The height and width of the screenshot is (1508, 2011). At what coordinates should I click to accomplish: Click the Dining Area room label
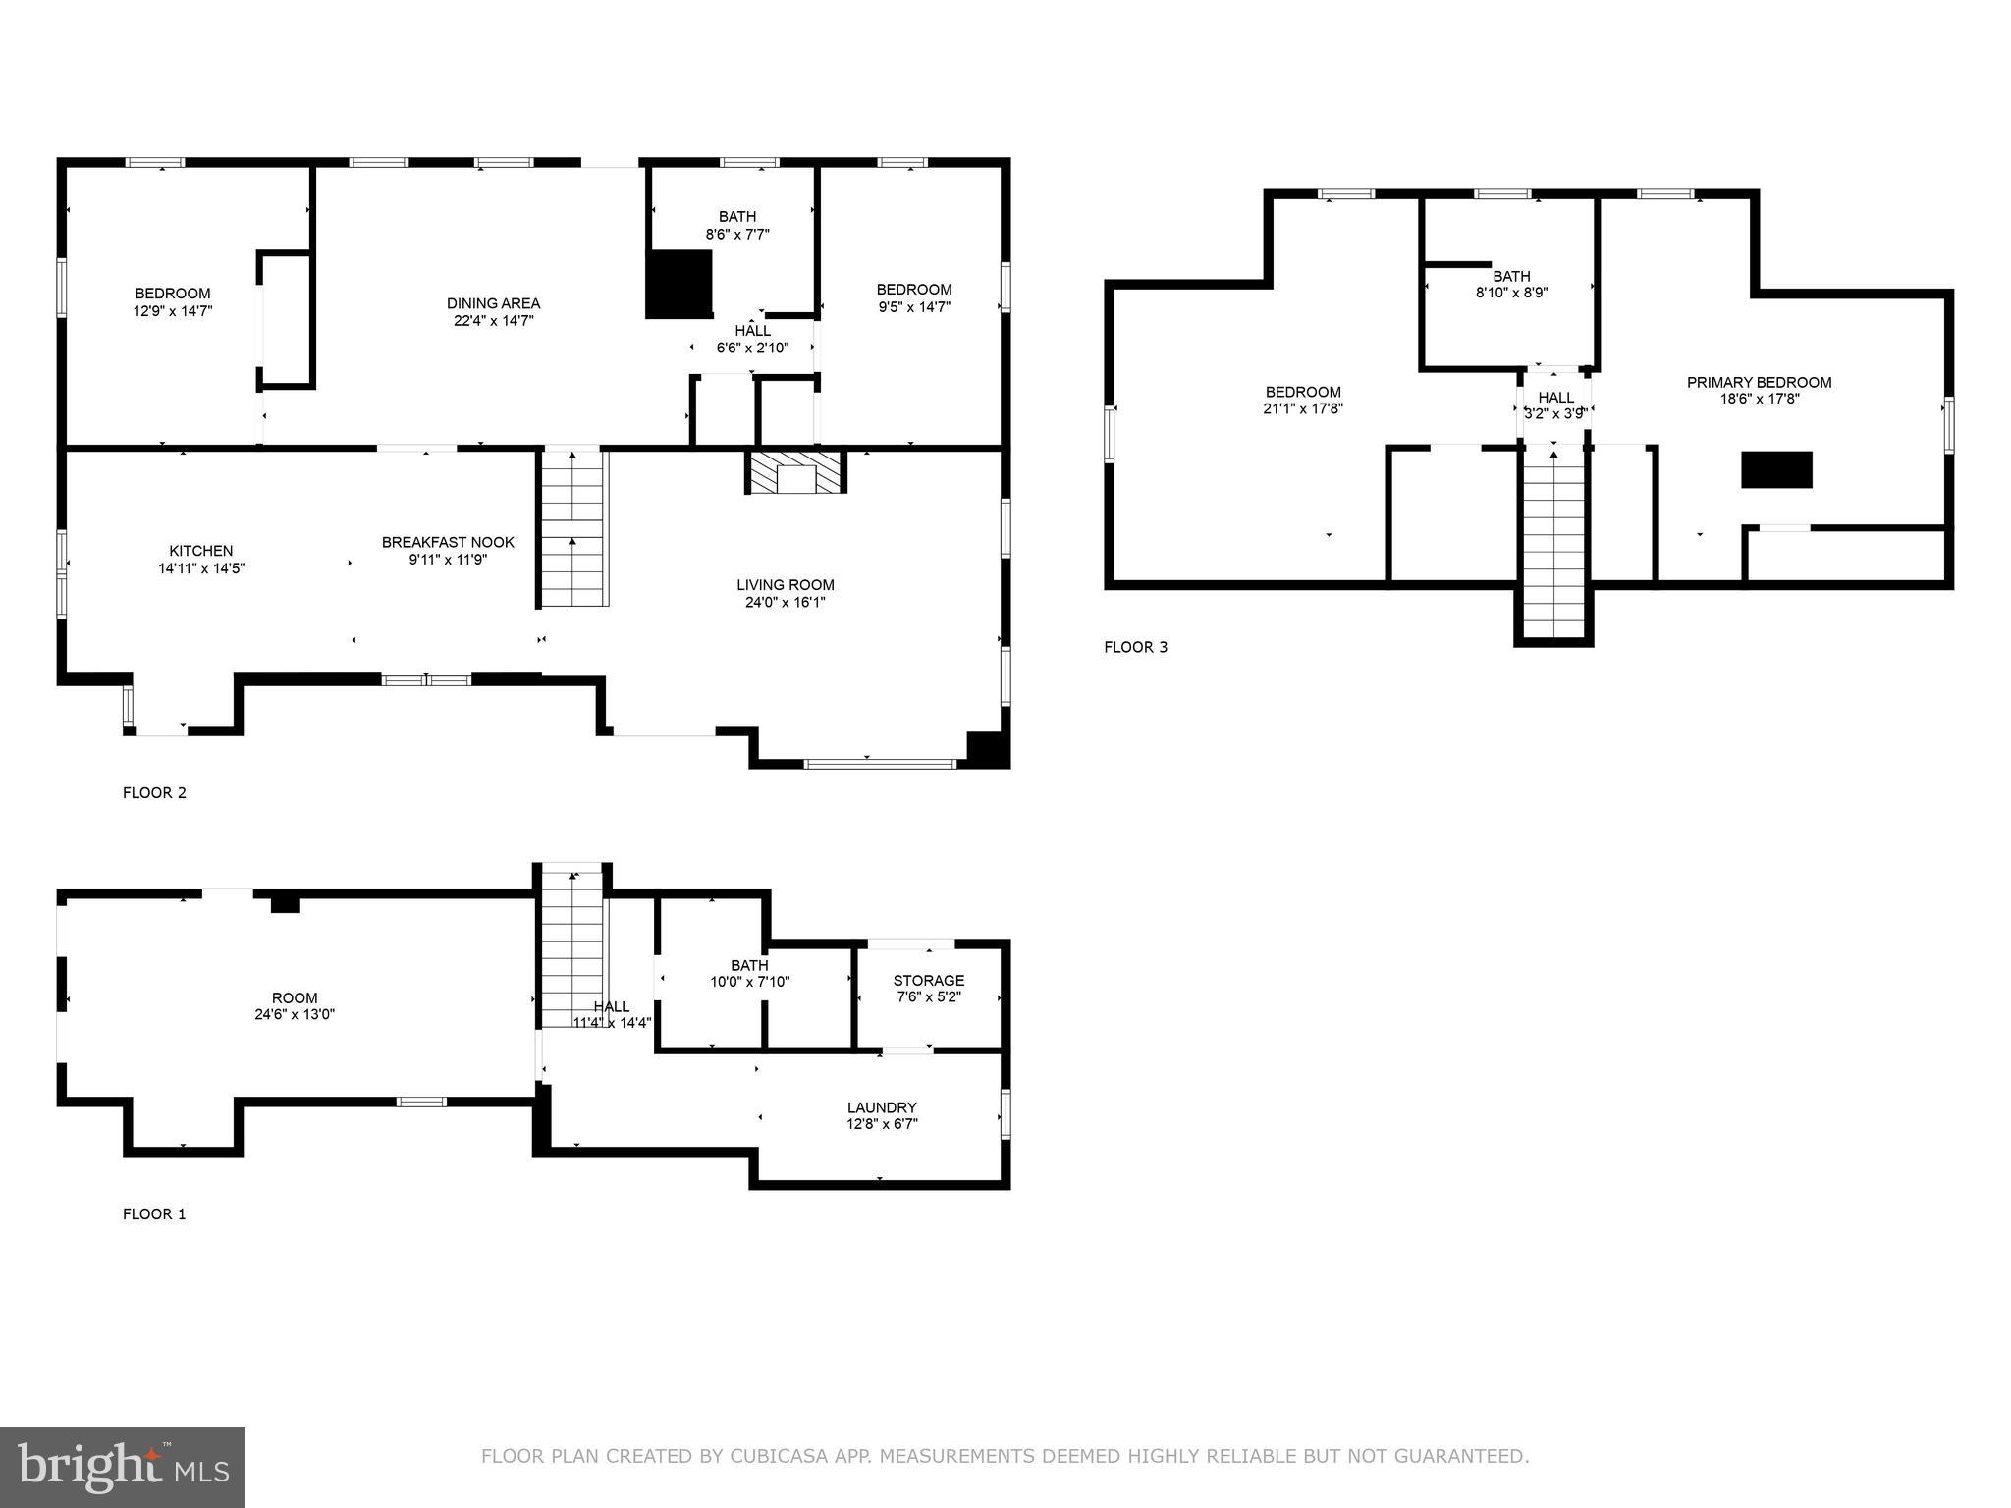tap(493, 303)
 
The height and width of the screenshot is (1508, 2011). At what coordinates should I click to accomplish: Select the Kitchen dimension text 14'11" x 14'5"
tap(201, 567)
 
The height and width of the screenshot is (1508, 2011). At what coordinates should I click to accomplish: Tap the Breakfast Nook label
tap(448, 542)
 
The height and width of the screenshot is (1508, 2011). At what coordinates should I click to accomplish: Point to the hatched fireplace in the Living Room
tap(796, 472)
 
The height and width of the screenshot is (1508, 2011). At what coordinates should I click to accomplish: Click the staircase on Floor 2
tap(572, 530)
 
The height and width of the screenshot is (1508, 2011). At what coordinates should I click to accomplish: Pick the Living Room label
tap(786, 585)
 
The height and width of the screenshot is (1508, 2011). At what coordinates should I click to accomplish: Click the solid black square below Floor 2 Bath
tap(679, 284)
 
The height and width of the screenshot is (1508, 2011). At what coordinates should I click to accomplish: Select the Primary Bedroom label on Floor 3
tap(1759, 382)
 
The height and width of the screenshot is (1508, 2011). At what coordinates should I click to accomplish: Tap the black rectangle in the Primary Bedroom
tap(1776, 469)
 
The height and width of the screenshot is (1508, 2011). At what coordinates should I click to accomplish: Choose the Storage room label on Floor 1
tap(928, 980)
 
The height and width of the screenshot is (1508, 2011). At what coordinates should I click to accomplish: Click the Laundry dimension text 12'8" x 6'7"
tap(881, 1124)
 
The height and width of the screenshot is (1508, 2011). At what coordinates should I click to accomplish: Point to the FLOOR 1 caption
tap(154, 1213)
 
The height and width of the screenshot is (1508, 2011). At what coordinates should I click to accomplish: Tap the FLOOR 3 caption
tap(1136, 647)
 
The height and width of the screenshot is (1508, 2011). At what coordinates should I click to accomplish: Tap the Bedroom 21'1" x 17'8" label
tap(1303, 392)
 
